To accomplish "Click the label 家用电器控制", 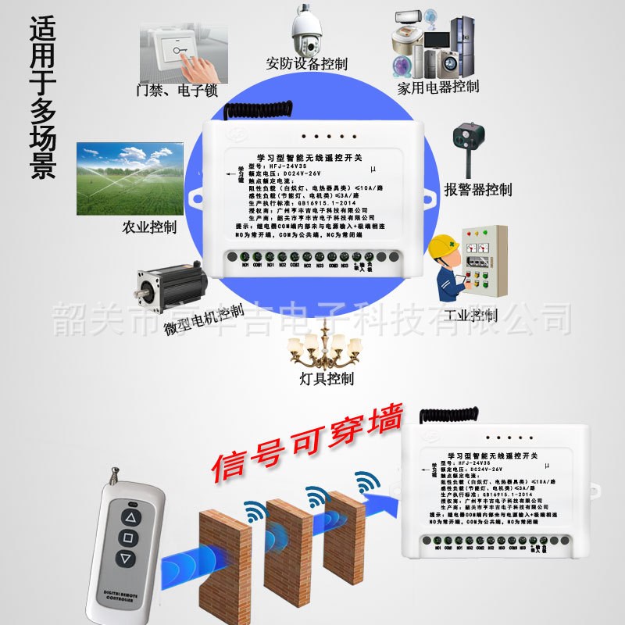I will click(437, 87).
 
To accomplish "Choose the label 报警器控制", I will click(478, 190).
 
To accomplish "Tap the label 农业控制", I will click(149, 228).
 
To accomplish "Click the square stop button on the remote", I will click(127, 537).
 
